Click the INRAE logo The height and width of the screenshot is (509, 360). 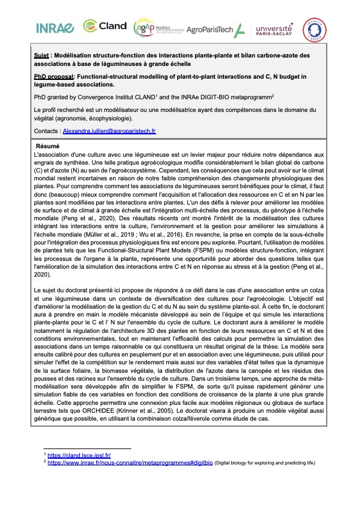pos(55,28)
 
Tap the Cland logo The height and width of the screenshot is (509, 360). pos(105,25)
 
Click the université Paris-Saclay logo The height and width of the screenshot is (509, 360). pos(273,29)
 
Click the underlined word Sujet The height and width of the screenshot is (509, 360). pos(42,56)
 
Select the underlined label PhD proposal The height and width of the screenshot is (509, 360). pos(54,76)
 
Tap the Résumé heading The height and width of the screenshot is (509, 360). pos(47,146)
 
